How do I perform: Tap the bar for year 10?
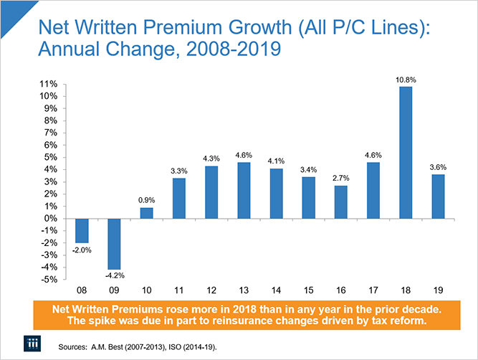pos(147,213)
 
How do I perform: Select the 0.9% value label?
pos(147,201)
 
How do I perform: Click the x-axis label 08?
pos(81,290)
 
